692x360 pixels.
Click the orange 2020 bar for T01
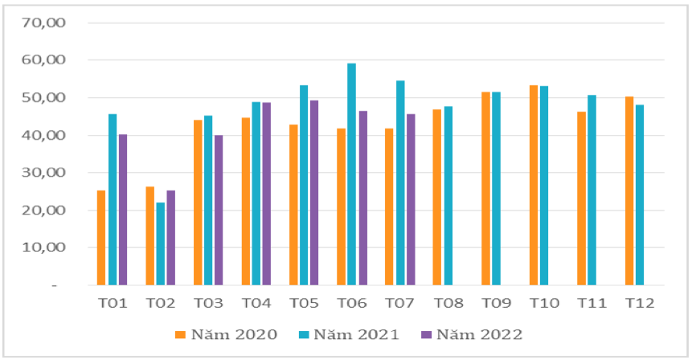click(x=101, y=238)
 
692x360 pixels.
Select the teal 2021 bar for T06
click(x=351, y=174)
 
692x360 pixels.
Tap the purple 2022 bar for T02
click(x=170, y=238)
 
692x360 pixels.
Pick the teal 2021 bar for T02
click(x=160, y=243)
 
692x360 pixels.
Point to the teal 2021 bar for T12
click(x=640, y=194)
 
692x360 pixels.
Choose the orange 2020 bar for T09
click(x=485, y=189)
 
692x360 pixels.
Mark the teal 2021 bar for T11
click(x=592, y=190)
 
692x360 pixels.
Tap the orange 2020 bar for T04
click(x=246, y=202)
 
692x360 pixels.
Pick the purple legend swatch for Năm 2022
click(x=424, y=335)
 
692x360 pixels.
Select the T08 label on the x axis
click(x=448, y=303)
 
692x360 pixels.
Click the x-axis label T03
click(x=208, y=303)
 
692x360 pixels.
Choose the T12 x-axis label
click(x=640, y=303)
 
